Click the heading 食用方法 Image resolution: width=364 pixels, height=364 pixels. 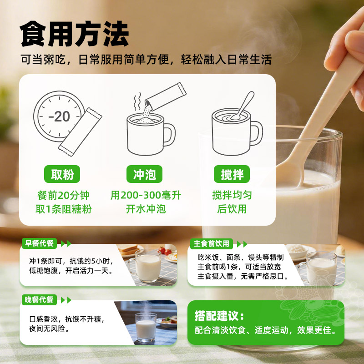click(x=74, y=34)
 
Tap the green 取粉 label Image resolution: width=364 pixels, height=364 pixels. click(x=62, y=174)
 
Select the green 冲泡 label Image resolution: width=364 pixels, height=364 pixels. click(x=144, y=174)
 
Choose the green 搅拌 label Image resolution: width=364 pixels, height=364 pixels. click(x=232, y=174)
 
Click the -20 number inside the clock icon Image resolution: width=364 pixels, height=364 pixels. click(x=59, y=116)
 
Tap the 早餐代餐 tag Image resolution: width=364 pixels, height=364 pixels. click(x=39, y=243)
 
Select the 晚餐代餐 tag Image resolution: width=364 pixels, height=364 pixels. click(x=39, y=300)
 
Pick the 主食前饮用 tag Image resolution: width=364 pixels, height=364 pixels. click(x=211, y=243)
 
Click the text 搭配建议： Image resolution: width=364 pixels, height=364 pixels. click(x=219, y=316)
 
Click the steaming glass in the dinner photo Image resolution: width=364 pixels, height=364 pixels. click(x=146, y=327)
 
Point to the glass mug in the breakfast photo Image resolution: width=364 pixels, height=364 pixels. click(x=145, y=266)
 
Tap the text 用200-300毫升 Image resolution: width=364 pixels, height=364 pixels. click(x=146, y=195)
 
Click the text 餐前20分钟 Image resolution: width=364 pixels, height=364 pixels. click(x=63, y=195)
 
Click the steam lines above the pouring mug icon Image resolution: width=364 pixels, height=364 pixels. click(x=137, y=101)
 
